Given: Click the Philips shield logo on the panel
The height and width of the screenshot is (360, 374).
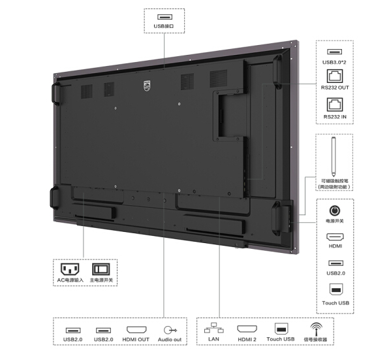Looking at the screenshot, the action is coord(147,86).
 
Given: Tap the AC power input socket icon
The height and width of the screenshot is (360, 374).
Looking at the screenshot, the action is coord(70,269).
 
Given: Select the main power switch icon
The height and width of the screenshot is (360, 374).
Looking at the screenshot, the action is coord(101,269).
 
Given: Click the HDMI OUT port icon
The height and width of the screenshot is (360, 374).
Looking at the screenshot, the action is coord(136,330).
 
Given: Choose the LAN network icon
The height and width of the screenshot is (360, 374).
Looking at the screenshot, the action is coord(214,328).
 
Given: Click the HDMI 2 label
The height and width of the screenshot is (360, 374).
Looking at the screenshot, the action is coord(247,339).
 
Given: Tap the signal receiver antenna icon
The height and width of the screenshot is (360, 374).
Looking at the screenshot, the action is coord(316,329).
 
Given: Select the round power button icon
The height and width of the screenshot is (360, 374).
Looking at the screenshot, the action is coord(335,210).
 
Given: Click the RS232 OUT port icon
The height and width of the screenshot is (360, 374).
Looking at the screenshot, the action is coord(335,76).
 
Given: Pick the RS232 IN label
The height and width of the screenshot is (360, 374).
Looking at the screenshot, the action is coord(335,117).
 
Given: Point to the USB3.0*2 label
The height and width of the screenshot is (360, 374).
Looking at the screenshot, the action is coord(334,62).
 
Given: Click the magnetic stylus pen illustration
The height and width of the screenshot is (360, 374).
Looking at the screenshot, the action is coord(334,157).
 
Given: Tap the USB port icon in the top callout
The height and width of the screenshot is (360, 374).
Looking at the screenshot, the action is coord(164,17).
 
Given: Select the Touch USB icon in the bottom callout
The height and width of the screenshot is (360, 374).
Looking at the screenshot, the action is coord(281,329).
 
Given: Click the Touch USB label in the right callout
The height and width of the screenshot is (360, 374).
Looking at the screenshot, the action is coord(335,303).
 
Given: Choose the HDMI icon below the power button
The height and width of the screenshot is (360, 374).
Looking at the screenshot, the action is coord(335,237).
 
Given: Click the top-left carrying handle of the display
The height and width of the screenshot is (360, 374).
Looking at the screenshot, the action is coord(56,93).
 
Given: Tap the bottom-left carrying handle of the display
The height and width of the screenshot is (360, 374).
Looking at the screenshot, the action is coord(54,198).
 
